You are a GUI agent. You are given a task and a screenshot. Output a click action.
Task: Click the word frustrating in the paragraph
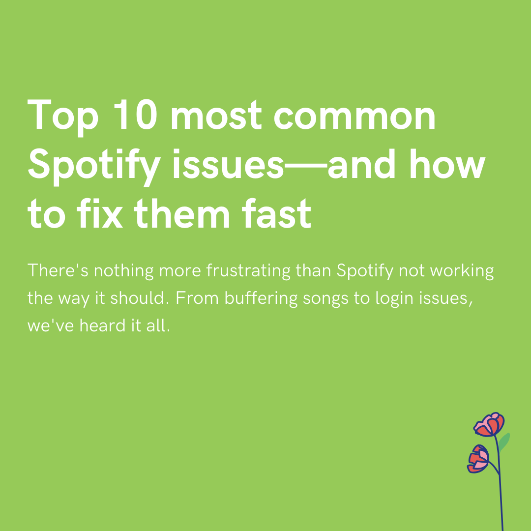(249, 271)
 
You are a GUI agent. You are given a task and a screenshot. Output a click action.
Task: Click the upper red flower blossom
(489, 425)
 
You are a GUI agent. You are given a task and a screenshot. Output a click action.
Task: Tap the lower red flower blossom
(478, 458)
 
